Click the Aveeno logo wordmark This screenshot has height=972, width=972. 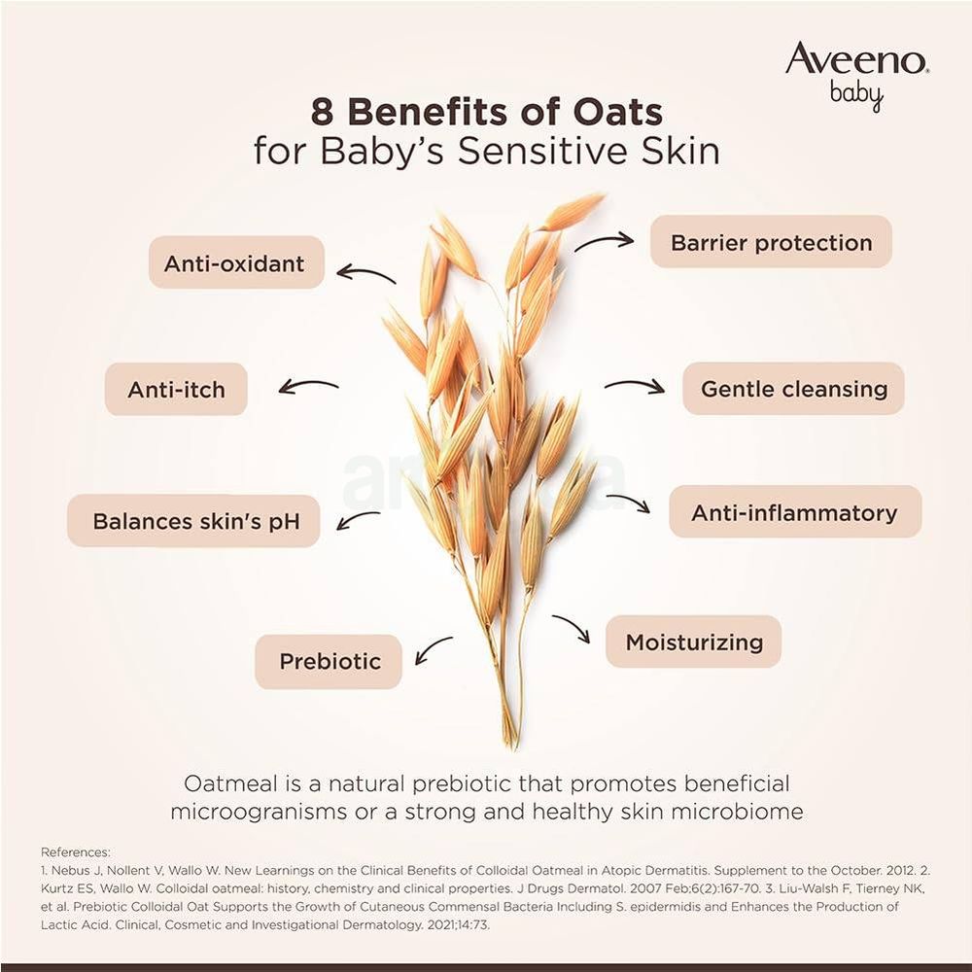[856, 60]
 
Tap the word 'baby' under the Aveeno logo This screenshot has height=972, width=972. [857, 95]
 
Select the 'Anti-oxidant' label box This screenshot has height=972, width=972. [235, 262]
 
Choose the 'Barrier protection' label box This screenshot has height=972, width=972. [771, 242]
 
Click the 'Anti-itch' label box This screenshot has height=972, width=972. [176, 390]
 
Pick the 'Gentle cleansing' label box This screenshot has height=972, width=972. [793, 389]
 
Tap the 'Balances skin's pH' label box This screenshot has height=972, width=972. [193, 521]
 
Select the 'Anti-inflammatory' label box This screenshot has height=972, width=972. [794, 512]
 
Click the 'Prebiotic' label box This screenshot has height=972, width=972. [329, 662]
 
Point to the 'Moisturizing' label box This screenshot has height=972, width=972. [693, 642]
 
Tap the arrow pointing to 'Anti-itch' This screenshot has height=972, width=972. [308, 387]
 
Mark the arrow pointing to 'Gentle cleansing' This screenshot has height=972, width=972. [635, 386]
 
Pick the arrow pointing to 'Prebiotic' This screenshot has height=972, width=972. [433, 649]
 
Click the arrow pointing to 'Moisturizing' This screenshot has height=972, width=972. [573, 629]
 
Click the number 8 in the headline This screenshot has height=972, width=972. [323, 112]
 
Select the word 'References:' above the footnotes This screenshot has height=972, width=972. [76, 852]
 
